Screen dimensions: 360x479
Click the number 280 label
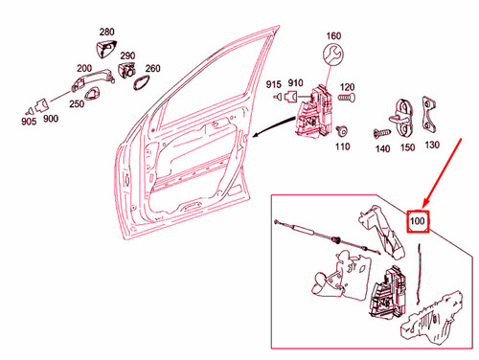(x=106, y=33)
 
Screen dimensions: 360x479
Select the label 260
(x=152, y=68)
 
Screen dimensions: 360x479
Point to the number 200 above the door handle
(x=84, y=69)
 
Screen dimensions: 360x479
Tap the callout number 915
(x=274, y=85)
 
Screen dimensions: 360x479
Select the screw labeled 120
(x=348, y=98)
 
